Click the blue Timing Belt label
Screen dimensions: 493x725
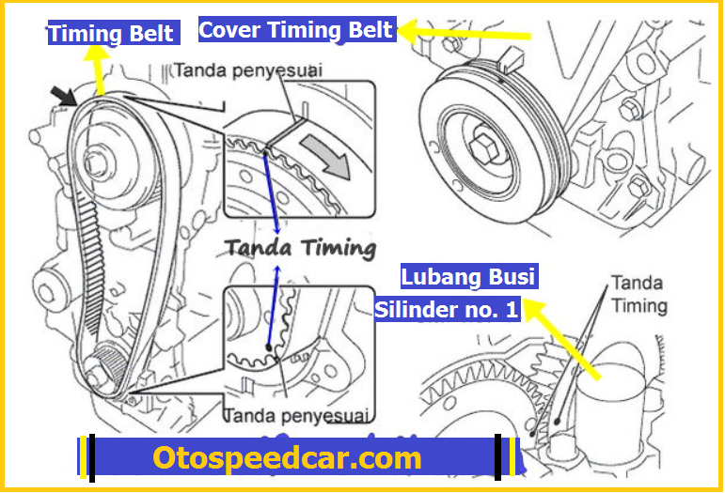click(x=112, y=34)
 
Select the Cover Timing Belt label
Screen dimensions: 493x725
click(x=296, y=29)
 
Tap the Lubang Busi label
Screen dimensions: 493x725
click(x=468, y=277)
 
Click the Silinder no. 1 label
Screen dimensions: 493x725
click(x=447, y=309)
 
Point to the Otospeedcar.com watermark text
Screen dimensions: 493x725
click(x=287, y=458)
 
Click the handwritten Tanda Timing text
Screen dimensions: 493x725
click(x=300, y=248)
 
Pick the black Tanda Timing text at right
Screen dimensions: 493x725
click(x=639, y=293)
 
